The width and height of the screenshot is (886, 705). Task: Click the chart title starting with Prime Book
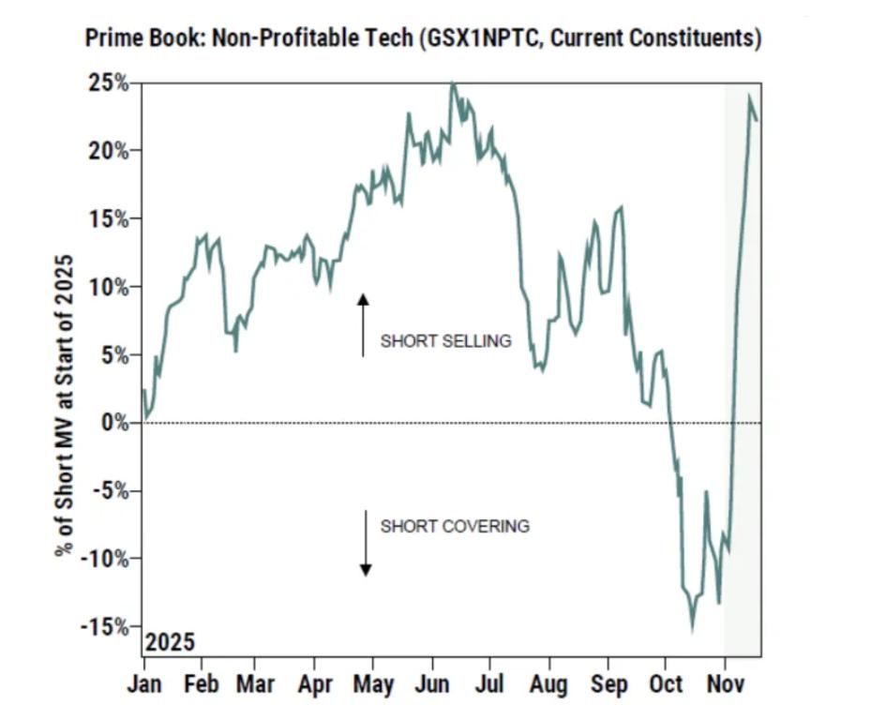[x=423, y=38]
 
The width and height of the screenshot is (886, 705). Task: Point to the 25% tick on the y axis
[x=110, y=82]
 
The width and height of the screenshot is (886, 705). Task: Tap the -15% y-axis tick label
[x=106, y=626]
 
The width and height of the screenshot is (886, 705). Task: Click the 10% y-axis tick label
[x=110, y=287]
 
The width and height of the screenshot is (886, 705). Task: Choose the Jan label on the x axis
[x=144, y=684]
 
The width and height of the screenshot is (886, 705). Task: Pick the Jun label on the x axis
[x=432, y=684]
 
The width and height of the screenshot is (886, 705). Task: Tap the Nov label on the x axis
[x=725, y=684]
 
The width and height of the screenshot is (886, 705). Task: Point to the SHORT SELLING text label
[x=445, y=341]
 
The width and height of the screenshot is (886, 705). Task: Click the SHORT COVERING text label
[x=455, y=526]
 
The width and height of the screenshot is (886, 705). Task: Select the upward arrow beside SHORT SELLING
[x=364, y=324]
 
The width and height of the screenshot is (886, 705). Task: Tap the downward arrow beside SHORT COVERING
[x=366, y=544]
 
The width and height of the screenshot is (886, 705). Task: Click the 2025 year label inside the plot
[x=170, y=642]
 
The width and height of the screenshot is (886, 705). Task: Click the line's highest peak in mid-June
[x=454, y=83]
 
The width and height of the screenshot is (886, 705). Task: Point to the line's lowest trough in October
[x=693, y=629]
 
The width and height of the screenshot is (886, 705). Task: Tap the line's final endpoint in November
[x=757, y=118]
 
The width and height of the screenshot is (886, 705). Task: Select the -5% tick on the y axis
[x=110, y=490]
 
